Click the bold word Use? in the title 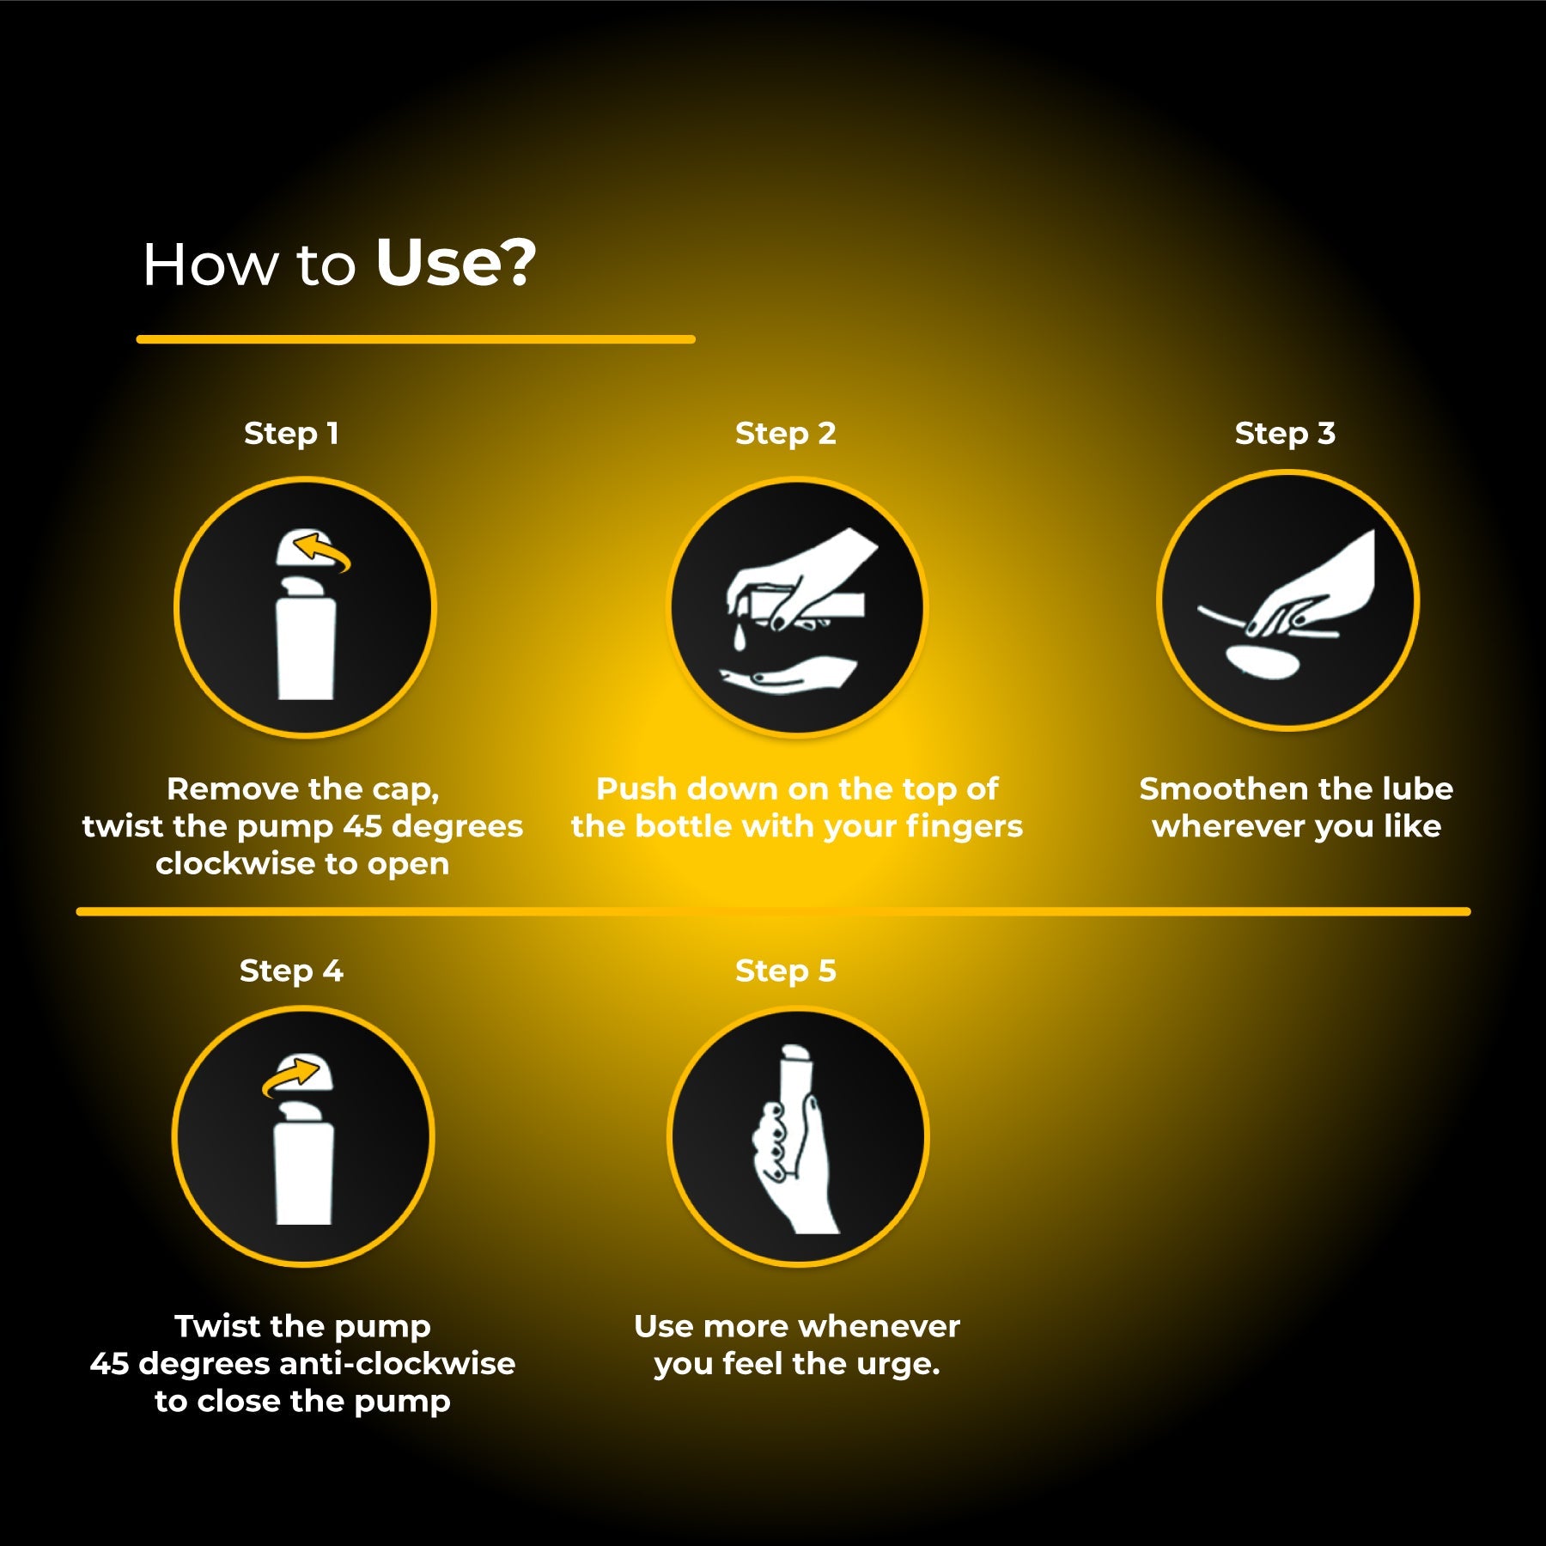[456, 263]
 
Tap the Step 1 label [291, 434]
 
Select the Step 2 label [785, 434]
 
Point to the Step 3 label [1285, 434]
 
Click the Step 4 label [291, 971]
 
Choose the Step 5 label [785, 971]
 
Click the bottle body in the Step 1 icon [306, 648]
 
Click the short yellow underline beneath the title [416, 339]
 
